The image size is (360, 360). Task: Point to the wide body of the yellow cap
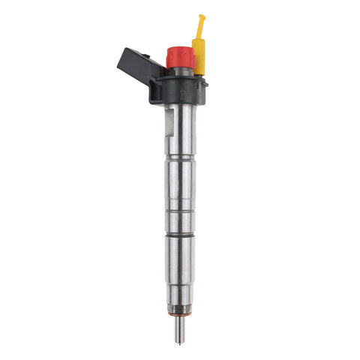(201, 57)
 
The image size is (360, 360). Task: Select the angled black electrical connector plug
(135, 66)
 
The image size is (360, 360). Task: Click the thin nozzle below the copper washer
(181, 327)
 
